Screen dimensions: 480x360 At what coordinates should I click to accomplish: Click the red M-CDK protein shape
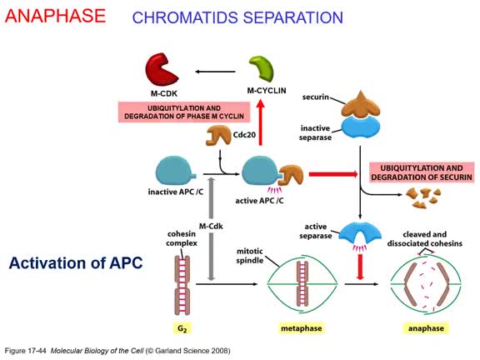[x=160, y=70]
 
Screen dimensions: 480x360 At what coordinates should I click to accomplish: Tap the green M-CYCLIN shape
[x=262, y=68]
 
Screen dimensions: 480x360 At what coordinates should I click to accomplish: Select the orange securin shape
[x=361, y=104]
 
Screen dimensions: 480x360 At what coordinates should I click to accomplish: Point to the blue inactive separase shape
[x=361, y=127]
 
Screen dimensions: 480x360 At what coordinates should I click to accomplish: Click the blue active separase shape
[x=361, y=231]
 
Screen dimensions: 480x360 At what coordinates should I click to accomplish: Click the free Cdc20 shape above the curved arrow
[x=218, y=135]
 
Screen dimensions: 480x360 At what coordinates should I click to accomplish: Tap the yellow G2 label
[x=182, y=328]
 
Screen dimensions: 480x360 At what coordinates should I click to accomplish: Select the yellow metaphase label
[x=301, y=328]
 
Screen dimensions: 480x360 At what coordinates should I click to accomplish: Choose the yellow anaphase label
[x=426, y=328]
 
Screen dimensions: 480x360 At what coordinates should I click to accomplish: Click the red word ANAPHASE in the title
[x=55, y=16]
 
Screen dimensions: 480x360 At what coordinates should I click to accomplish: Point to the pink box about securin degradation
[x=422, y=172]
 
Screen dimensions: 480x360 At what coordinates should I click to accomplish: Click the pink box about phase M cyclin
[x=184, y=112]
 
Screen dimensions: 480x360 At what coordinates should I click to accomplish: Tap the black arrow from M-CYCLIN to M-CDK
[x=215, y=72]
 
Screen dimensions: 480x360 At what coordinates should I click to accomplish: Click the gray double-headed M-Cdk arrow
[x=211, y=229]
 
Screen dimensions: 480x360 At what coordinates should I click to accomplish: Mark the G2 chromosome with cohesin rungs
[x=182, y=285]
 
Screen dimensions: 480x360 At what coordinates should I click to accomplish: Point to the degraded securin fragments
[x=423, y=197]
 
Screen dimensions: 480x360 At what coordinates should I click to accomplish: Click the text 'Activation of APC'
[x=76, y=263]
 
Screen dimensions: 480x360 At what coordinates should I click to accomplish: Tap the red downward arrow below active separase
[x=360, y=267]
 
